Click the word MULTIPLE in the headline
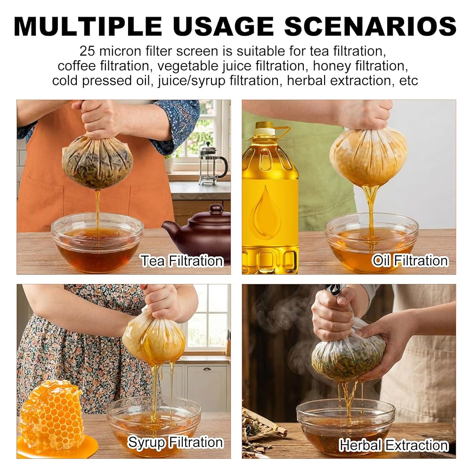(x=88, y=26)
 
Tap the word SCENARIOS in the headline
(x=370, y=26)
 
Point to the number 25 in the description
(x=87, y=51)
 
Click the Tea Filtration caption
(x=182, y=261)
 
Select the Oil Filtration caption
(x=410, y=260)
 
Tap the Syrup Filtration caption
(x=176, y=442)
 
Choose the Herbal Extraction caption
(x=394, y=445)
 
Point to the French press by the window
(x=212, y=164)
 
